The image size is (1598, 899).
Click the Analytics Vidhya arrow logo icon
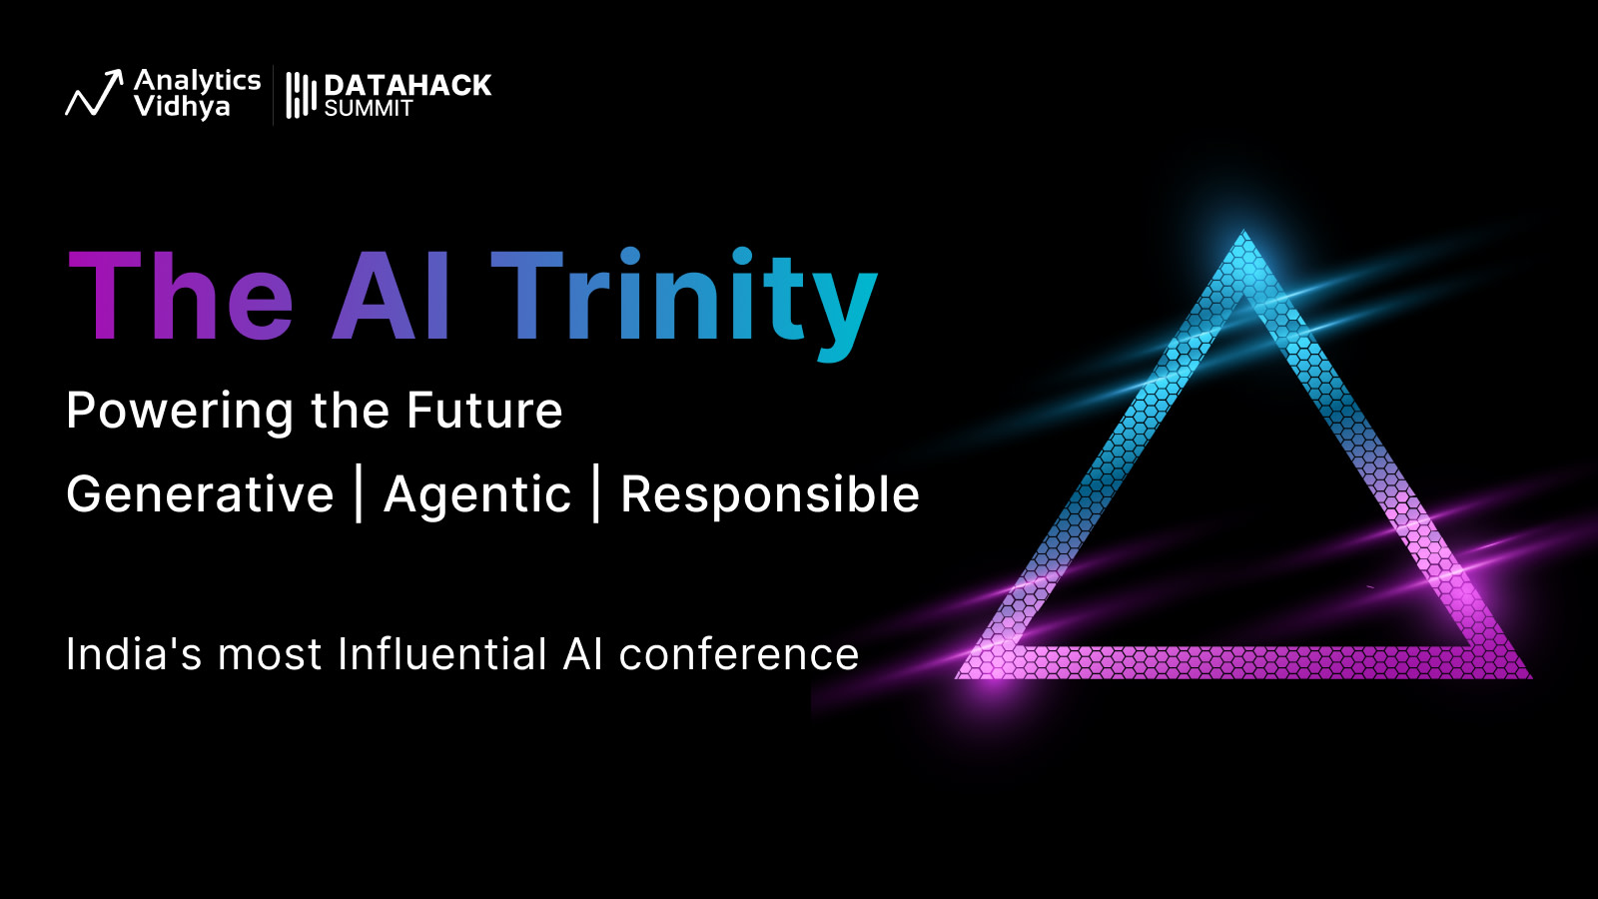pos(94,93)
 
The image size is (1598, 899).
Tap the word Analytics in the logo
pos(198,81)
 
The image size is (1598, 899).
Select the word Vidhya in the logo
pos(182,107)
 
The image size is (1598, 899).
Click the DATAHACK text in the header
pos(407,86)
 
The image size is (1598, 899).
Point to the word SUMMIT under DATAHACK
pos(369,109)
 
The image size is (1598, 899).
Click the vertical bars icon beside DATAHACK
pos(301,95)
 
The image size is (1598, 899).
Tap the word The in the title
pos(181,296)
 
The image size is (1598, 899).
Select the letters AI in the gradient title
pos(391,296)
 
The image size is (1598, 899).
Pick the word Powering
pos(180,412)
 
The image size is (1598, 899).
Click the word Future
pos(485,411)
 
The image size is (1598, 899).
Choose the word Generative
pos(201,493)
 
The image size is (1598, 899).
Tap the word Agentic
pos(477,495)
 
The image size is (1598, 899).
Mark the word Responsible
pos(770,495)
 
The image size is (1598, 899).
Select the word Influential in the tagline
pos(442,653)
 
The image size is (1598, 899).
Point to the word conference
pos(739,654)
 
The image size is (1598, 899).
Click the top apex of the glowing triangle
pos(1244,231)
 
